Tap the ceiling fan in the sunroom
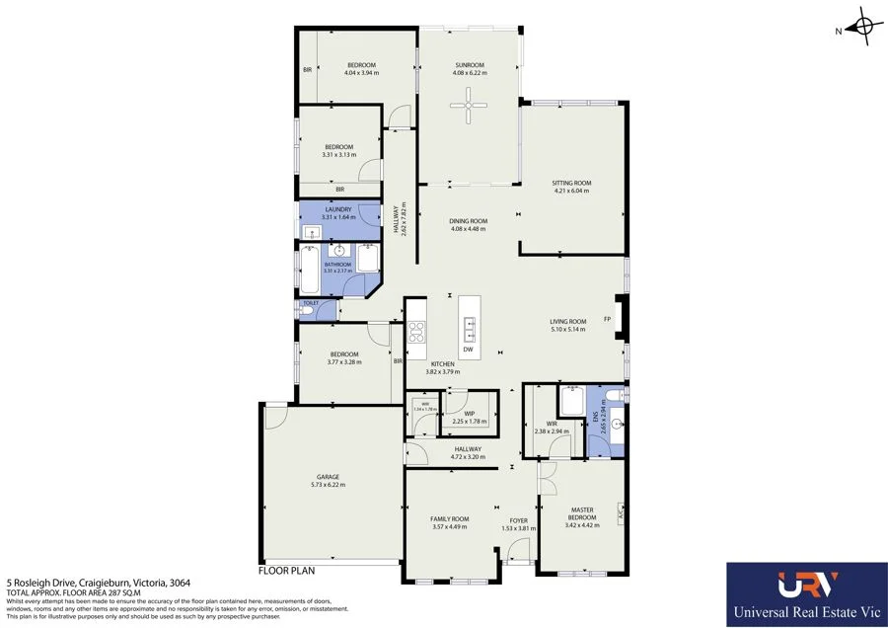468,104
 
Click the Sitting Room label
571,183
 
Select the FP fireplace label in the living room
608,319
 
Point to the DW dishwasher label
467,350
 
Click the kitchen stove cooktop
416,331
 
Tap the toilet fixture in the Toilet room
310,312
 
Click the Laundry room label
337,209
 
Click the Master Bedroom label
582,513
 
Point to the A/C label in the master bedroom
621,515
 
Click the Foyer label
519,520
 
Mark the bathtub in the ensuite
573,402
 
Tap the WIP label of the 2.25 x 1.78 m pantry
470,414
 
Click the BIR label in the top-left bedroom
308,69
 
